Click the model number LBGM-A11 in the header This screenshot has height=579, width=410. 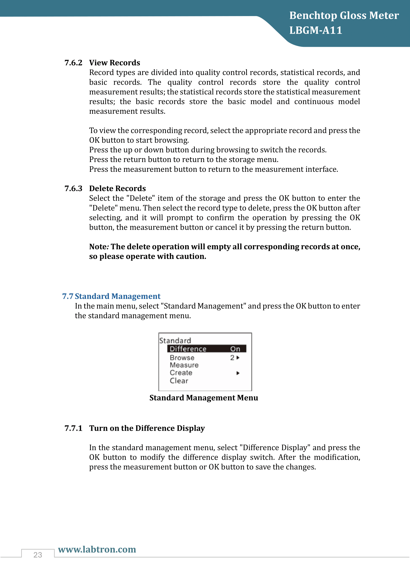coord(316,30)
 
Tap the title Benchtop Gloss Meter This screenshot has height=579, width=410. coord(344,16)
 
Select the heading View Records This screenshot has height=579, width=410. coord(115,63)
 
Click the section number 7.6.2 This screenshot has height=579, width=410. coord(73,63)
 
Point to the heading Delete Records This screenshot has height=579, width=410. coord(117,188)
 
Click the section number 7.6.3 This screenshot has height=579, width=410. coord(73,188)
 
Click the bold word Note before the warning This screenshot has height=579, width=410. coord(98,246)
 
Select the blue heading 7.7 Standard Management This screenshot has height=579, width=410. coord(111,296)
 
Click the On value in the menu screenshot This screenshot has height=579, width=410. coord(235,349)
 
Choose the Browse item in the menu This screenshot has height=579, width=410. coord(182,358)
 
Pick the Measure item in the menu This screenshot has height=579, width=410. coord(184,365)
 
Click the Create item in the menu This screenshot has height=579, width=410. coord(181,373)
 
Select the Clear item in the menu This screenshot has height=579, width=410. coord(179,380)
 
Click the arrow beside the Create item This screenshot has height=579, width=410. coord(238,373)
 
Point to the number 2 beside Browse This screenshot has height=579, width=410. coord(232,358)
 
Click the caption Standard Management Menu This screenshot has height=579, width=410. coord(204,398)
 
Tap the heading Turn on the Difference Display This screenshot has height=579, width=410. coord(147,428)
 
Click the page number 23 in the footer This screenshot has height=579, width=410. coord(38,555)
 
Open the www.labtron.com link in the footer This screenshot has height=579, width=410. coord(97,549)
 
